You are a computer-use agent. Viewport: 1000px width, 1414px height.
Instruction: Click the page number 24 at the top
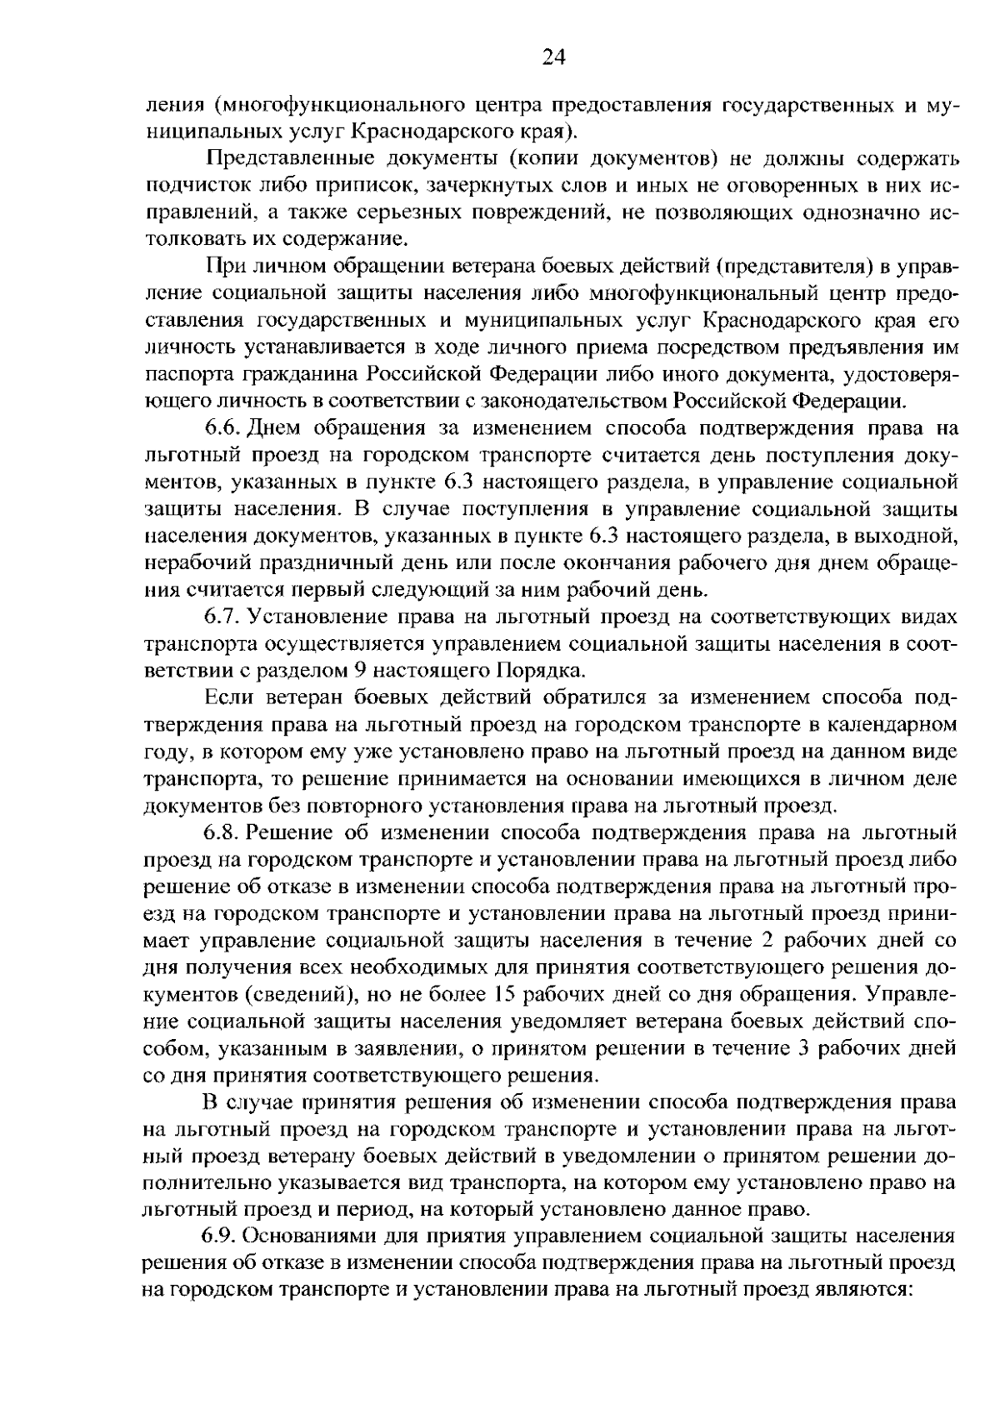pyautogui.click(x=553, y=57)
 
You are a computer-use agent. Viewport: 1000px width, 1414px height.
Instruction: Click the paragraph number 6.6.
pyautogui.click(x=222, y=428)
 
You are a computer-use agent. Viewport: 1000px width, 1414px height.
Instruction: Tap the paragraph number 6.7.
pyautogui.click(x=222, y=617)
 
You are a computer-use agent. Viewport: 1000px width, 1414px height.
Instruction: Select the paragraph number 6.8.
pyautogui.click(x=222, y=832)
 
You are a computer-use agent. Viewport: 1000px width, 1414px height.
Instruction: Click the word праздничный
pyautogui.click(x=315, y=563)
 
